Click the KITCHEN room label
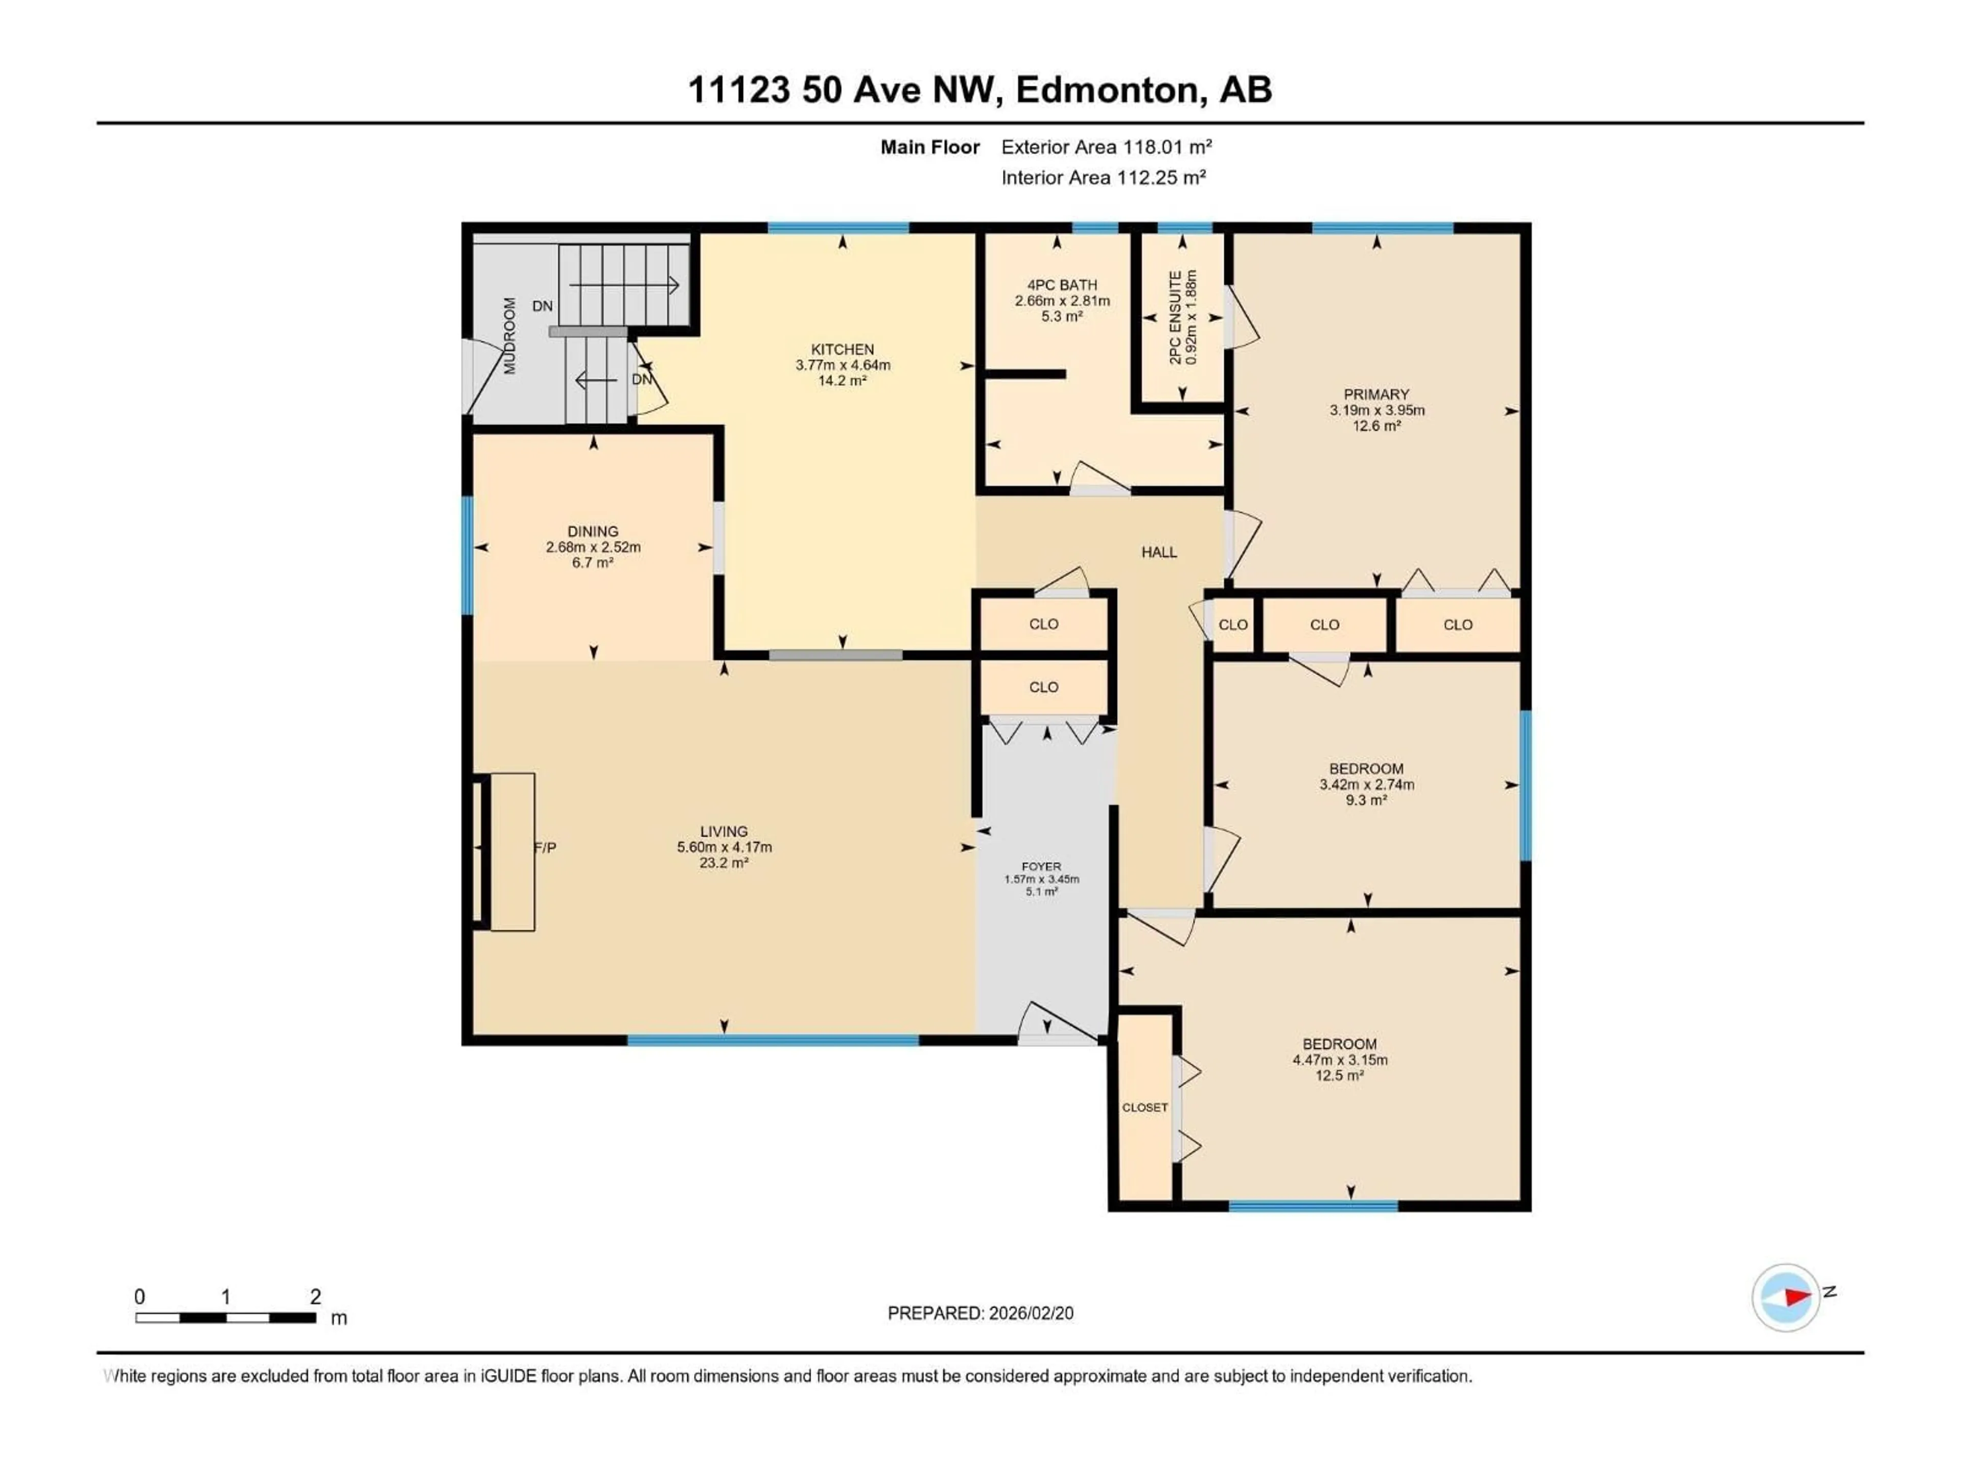(x=842, y=350)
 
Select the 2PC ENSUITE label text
(x=1175, y=317)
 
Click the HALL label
(x=1158, y=552)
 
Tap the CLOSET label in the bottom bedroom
(x=1144, y=1108)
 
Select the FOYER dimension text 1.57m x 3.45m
(x=1041, y=879)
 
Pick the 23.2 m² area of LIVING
(x=724, y=862)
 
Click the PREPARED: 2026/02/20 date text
(x=980, y=1313)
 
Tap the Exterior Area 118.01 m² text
(x=1106, y=147)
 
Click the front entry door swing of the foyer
(x=1056, y=1023)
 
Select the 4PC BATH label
(x=1062, y=285)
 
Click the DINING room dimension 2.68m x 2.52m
(x=593, y=547)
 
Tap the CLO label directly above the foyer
(x=1043, y=687)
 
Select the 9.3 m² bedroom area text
(x=1366, y=800)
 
